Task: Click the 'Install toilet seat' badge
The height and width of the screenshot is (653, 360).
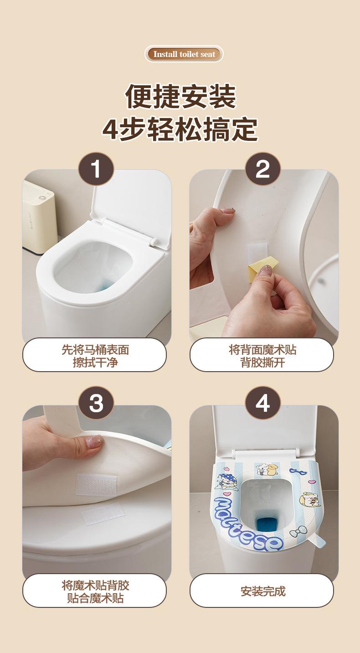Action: [184, 54]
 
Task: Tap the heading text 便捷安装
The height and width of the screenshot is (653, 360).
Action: [180, 97]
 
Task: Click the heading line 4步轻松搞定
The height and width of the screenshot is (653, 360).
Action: [180, 129]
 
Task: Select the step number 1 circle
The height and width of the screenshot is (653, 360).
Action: [96, 169]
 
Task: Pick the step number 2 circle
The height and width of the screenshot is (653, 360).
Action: [263, 169]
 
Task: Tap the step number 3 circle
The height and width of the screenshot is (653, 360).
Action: [96, 403]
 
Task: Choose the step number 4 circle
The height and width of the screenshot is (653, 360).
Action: [263, 403]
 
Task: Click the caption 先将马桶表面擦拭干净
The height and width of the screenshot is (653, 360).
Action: [95, 356]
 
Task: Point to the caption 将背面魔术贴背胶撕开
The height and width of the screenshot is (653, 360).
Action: [262, 356]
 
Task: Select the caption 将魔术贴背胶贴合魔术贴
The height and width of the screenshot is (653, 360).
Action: [95, 591]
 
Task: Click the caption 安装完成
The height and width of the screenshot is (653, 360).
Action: [263, 591]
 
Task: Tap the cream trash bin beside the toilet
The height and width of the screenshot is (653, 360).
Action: [39, 217]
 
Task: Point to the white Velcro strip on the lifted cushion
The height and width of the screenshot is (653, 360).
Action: [97, 485]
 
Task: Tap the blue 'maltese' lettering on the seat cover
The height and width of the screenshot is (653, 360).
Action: [247, 525]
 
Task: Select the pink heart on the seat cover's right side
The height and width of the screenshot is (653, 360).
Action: [311, 481]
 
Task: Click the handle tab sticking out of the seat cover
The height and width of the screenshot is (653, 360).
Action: [318, 542]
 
